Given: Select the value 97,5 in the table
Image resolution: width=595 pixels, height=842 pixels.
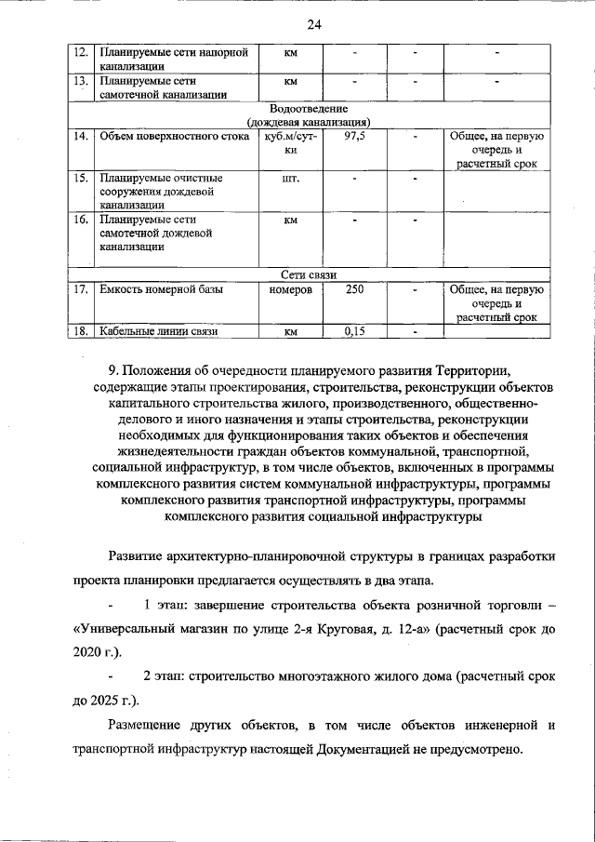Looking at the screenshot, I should click(x=354, y=136).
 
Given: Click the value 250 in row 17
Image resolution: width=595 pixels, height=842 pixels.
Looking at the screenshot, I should click(x=354, y=289).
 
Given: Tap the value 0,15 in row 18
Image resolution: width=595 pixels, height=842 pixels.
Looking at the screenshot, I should click(x=354, y=330).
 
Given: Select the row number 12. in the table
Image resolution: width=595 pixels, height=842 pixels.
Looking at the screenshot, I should click(x=81, y=52).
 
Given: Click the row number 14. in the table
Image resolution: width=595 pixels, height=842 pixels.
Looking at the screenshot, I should click(x=81, y=136).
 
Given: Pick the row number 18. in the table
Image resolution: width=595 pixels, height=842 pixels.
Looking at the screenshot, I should click(x=81, y=330).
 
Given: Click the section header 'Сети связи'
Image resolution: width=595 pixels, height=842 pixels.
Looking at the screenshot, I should click(x=309, y=275).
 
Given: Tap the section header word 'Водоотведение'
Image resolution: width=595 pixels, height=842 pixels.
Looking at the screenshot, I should click(x=309, y=108).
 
